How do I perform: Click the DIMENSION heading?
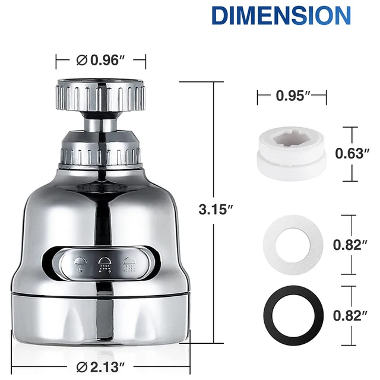[281, 15]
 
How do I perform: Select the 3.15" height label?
[216, 210]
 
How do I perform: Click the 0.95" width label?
[293, 96]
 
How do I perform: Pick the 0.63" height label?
[352, 153]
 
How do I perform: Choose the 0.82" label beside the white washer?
[350, 245]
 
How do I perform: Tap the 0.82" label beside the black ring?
[350, 315]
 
